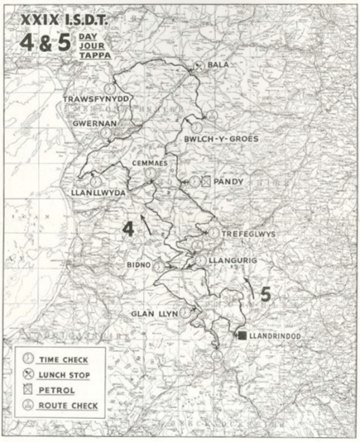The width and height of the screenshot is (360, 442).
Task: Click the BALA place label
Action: point(218,67)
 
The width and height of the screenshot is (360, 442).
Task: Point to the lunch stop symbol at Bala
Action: point(198,67)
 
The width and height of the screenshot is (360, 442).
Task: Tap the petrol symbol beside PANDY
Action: point(207,181)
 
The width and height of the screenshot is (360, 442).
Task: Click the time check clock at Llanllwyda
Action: point(95,182)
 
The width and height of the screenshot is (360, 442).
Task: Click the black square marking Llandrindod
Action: point(242,336)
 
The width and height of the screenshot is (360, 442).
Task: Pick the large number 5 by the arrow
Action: point(265,294)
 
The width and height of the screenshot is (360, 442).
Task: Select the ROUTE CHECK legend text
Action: point(68,406)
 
